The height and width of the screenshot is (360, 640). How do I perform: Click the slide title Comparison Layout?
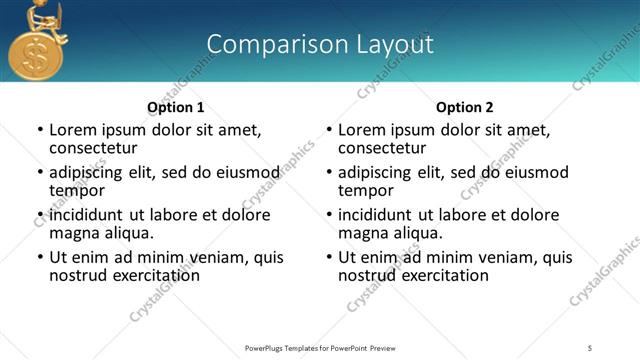320,44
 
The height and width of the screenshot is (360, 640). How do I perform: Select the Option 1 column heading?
176,107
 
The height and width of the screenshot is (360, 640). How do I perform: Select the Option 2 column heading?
464,107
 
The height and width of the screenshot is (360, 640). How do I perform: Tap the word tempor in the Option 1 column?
77,190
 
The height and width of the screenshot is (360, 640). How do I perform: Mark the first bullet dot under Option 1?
40,130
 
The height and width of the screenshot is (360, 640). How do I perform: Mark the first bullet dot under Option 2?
329,130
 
